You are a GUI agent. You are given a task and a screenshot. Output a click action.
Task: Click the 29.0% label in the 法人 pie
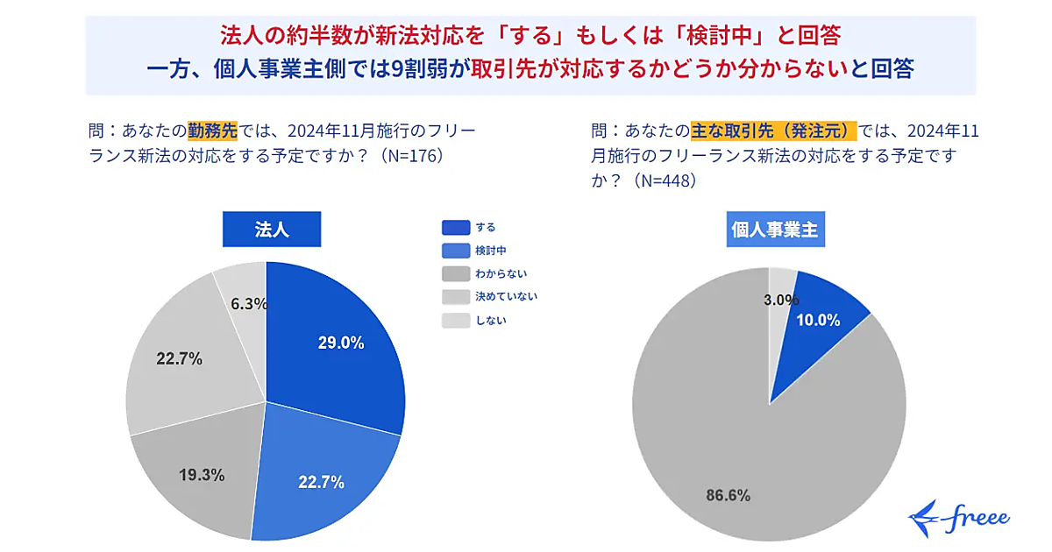click(x=341, y=343)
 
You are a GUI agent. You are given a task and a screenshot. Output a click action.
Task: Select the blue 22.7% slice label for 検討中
click(x=321, y=481)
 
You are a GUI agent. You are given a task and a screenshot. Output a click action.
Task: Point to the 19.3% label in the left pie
click(x=202, y=475)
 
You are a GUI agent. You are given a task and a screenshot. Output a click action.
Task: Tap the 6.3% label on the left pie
click(x=249, y=304)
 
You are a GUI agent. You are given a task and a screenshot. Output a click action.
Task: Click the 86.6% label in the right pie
click(x=728, y=495)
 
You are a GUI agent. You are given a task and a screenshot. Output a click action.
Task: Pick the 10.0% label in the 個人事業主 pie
click(x=818, y=320)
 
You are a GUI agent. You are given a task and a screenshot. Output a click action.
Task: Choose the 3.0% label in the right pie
click(x=780, y=300)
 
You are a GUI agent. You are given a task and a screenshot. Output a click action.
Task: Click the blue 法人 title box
click(x=272, y=230)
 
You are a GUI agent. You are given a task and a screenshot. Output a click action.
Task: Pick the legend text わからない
click(x=501, y=273)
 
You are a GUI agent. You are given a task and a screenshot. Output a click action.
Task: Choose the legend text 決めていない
click(x=506, y=296)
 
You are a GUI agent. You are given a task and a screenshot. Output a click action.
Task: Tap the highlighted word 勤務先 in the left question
click(x=212, y=131)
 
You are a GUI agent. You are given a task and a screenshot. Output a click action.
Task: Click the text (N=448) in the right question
click(x=666, y=180)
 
